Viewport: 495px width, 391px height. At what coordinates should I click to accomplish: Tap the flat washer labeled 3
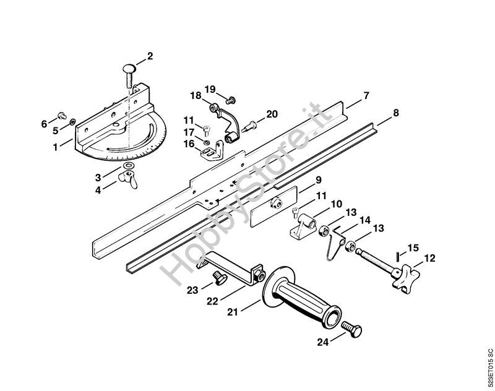pyautogui.click(x=129, y=165)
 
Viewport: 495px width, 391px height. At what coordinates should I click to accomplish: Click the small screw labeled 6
pyautogui.click(x=62, y=116)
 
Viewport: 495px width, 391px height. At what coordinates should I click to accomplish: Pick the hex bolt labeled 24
pyautogui.click(x=351, y=329)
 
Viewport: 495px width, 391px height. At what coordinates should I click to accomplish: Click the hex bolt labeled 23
pyautogui.click(x=218, y=278)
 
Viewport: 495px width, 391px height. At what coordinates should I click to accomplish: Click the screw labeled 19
pyautogui.click(x=231, y=100)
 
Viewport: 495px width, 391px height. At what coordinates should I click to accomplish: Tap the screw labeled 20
pyautogui.click(x=249, y=126)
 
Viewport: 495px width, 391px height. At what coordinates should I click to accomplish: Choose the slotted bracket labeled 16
pyautogui.click(x=211, y=151)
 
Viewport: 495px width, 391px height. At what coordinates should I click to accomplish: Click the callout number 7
pyautogui.click(x=366, y=95)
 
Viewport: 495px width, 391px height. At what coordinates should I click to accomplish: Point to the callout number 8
pyautogui.click(x=395, y=113)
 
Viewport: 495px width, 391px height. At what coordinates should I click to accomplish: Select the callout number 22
pyautogui.click(x=212, y=301)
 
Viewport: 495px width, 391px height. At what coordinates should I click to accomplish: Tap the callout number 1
pyautogui.click(x=56, y=147)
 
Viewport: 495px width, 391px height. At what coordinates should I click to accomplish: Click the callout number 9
pyautogui.click(x=318, y=180)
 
